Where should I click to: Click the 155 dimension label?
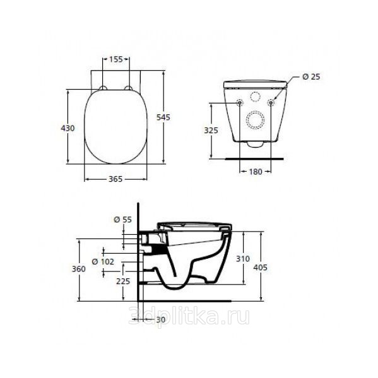coord(116,59)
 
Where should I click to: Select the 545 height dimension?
coord(163,117)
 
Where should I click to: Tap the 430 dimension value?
coord(68,128)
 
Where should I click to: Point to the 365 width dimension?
coord(115,179)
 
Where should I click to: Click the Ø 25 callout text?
coord(311,76)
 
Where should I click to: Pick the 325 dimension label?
coord(211,130)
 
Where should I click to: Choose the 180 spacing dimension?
coord(256,172)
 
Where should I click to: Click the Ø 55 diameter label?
coord(122,220)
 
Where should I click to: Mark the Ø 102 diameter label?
coord(103,261)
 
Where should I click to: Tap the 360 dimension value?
coord(79,269)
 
